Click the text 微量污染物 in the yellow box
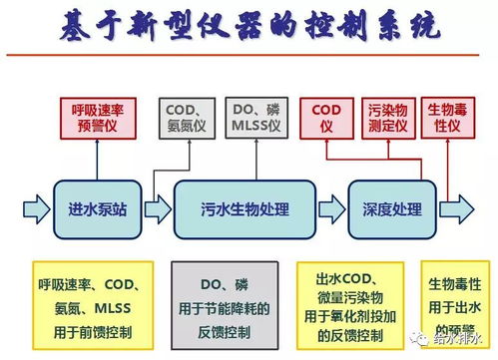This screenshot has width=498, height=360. click(353, 296)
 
